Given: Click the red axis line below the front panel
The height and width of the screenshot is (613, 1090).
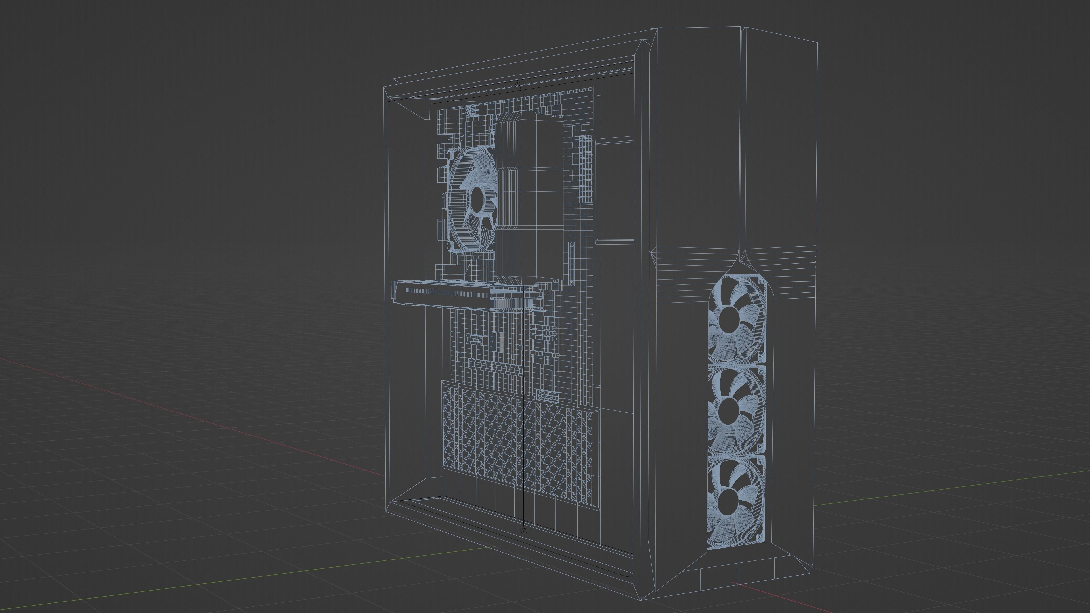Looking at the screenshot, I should (762, 591).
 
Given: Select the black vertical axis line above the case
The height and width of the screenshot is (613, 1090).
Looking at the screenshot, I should (523, 25).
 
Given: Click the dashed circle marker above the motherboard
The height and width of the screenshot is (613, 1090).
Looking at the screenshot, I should (519, 86).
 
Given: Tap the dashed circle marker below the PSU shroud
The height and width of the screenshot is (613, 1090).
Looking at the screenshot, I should (522, 530).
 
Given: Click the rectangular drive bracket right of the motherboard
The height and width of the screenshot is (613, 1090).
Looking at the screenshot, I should (614, 190).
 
